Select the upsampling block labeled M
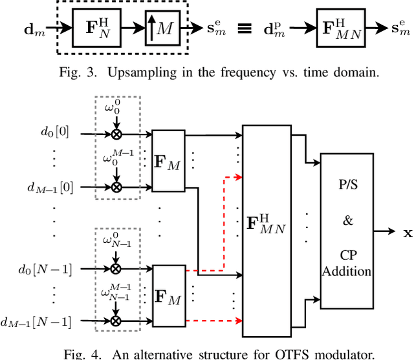(163, 28)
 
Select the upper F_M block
(168, 160)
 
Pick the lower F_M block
(168, 295)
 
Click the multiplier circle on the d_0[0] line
(116, 134)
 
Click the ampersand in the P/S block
(348, 220)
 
